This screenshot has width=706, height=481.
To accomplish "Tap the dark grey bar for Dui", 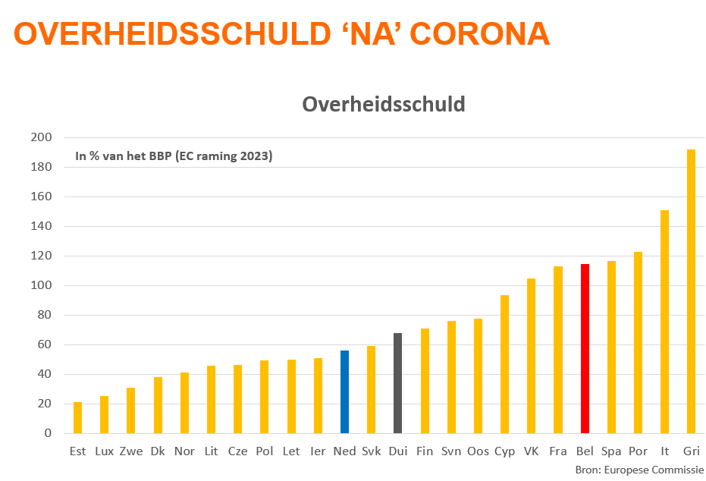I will point(397,383).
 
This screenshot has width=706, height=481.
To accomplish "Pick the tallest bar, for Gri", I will point(691,291).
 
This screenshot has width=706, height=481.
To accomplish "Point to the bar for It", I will point(664,322).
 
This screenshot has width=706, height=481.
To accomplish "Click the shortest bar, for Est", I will point(77,418).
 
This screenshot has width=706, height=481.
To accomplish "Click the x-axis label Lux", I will point(105,451).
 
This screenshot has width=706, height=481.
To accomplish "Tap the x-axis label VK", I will point(531,451).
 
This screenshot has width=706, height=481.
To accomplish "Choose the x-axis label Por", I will point(638,451).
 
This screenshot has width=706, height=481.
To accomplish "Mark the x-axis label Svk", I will point(371,451).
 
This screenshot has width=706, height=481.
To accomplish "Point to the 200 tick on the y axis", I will point(41,137).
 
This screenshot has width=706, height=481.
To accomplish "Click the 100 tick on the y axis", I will point(41,285).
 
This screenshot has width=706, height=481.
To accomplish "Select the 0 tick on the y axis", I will point(47,433).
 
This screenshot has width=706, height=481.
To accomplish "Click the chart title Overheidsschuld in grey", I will point(383,104).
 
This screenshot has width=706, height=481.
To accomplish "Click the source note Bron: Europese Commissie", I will point(639,470).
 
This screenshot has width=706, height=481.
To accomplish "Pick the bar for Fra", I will point(558,350).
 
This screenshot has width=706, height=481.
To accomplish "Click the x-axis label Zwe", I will point(131,451).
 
